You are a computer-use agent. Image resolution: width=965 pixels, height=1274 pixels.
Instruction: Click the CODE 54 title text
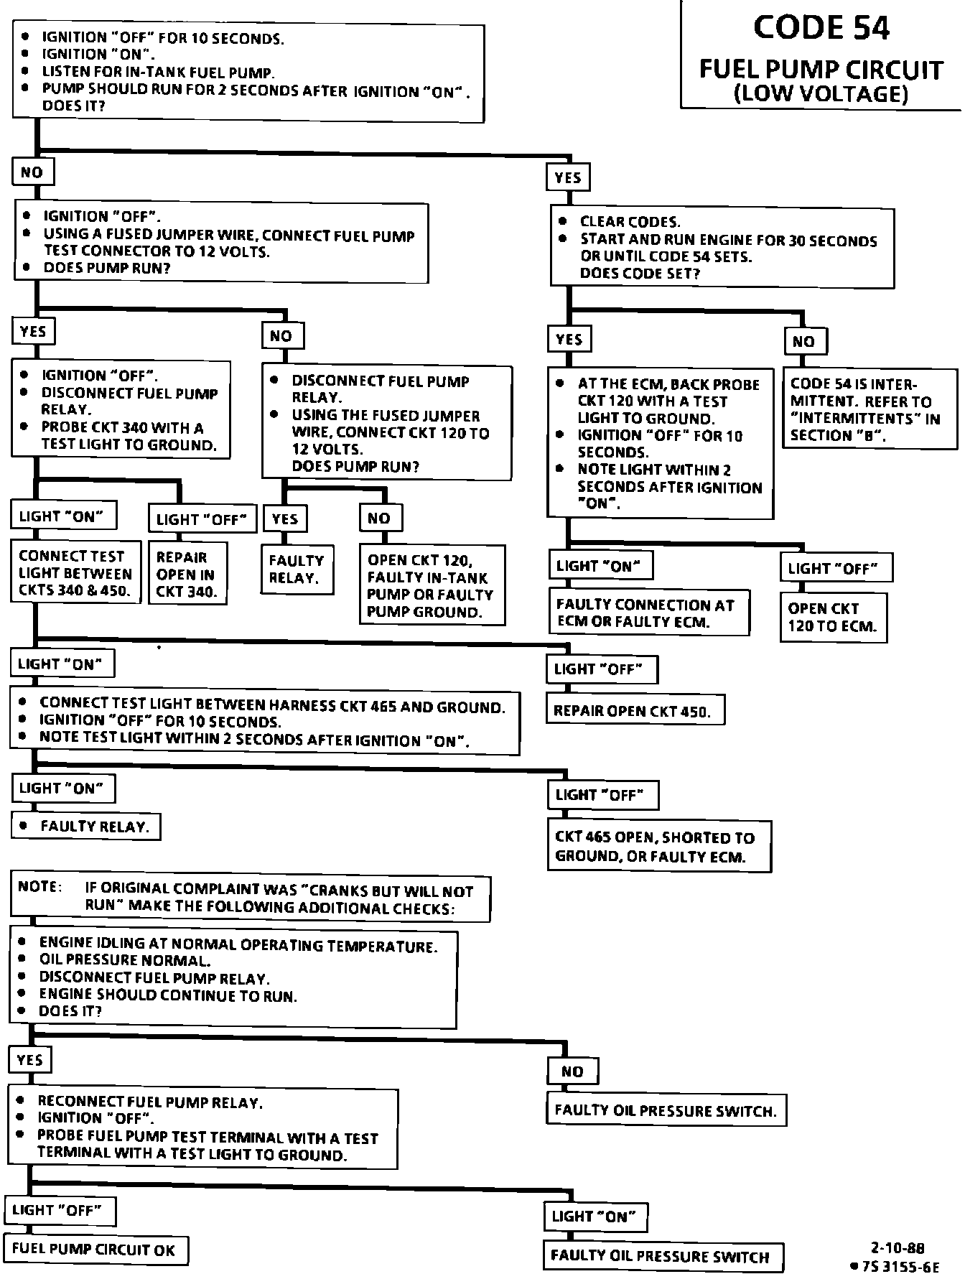pos(821,28)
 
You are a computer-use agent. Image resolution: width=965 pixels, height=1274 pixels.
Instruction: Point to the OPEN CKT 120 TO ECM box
pos(833,616)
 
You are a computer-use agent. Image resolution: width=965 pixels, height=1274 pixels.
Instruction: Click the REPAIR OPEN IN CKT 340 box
pos(187,574)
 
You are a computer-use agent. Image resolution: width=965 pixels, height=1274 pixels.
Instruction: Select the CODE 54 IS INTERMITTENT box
pos(868,409)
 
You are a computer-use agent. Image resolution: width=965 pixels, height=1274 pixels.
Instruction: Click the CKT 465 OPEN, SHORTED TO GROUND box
pos(658,846)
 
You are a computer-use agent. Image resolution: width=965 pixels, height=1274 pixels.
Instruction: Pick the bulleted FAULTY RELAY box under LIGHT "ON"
pos(86,826)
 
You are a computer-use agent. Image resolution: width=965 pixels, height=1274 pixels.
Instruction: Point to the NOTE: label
pos(38,886)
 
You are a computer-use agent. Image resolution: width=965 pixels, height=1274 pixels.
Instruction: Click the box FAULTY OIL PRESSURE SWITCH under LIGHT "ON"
pos(662,1256)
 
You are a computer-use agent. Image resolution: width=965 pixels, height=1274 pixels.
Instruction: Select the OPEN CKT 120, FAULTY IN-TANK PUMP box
pos(432,585)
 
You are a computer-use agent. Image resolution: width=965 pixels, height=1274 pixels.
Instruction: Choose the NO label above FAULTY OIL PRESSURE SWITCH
pos(572,1071)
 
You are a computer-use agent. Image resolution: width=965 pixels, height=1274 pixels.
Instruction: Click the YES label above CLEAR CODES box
pos(568,177)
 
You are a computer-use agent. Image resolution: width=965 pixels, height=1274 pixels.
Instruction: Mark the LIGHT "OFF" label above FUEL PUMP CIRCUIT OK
pos(60,1209)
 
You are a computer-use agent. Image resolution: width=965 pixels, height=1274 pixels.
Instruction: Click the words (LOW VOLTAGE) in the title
pos(821,94)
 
